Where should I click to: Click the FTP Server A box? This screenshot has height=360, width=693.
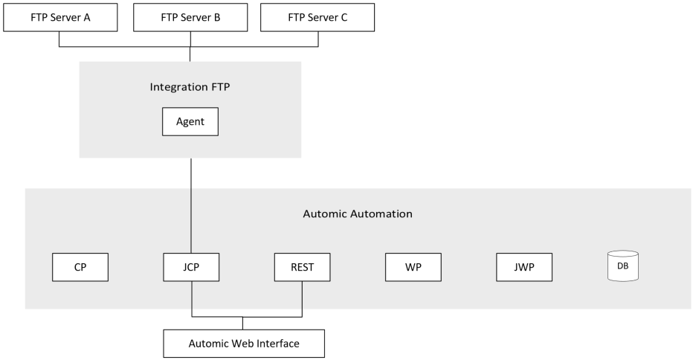coord(60,17)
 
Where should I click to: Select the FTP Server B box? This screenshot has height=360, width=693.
coord(190,17)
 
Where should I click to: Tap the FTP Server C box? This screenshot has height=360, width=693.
coord(318,17)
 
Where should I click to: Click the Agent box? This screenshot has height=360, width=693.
coord(190,122)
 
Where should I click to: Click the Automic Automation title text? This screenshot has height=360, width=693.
coord(358,213)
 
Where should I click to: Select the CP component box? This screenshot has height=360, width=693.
coord(80,267)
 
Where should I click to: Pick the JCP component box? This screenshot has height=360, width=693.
coord(191,267)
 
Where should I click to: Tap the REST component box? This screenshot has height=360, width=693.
coord(302,267)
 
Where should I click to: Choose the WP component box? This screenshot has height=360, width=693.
coord(413,267)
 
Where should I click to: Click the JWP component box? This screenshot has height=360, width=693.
coord(524,267)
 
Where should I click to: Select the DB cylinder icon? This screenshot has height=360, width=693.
coord(623,266)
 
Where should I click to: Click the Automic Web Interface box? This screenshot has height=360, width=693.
coord(244,344)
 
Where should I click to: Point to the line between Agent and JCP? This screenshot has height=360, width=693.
coord(191,205)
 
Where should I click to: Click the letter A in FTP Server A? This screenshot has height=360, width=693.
coord(87,17)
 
